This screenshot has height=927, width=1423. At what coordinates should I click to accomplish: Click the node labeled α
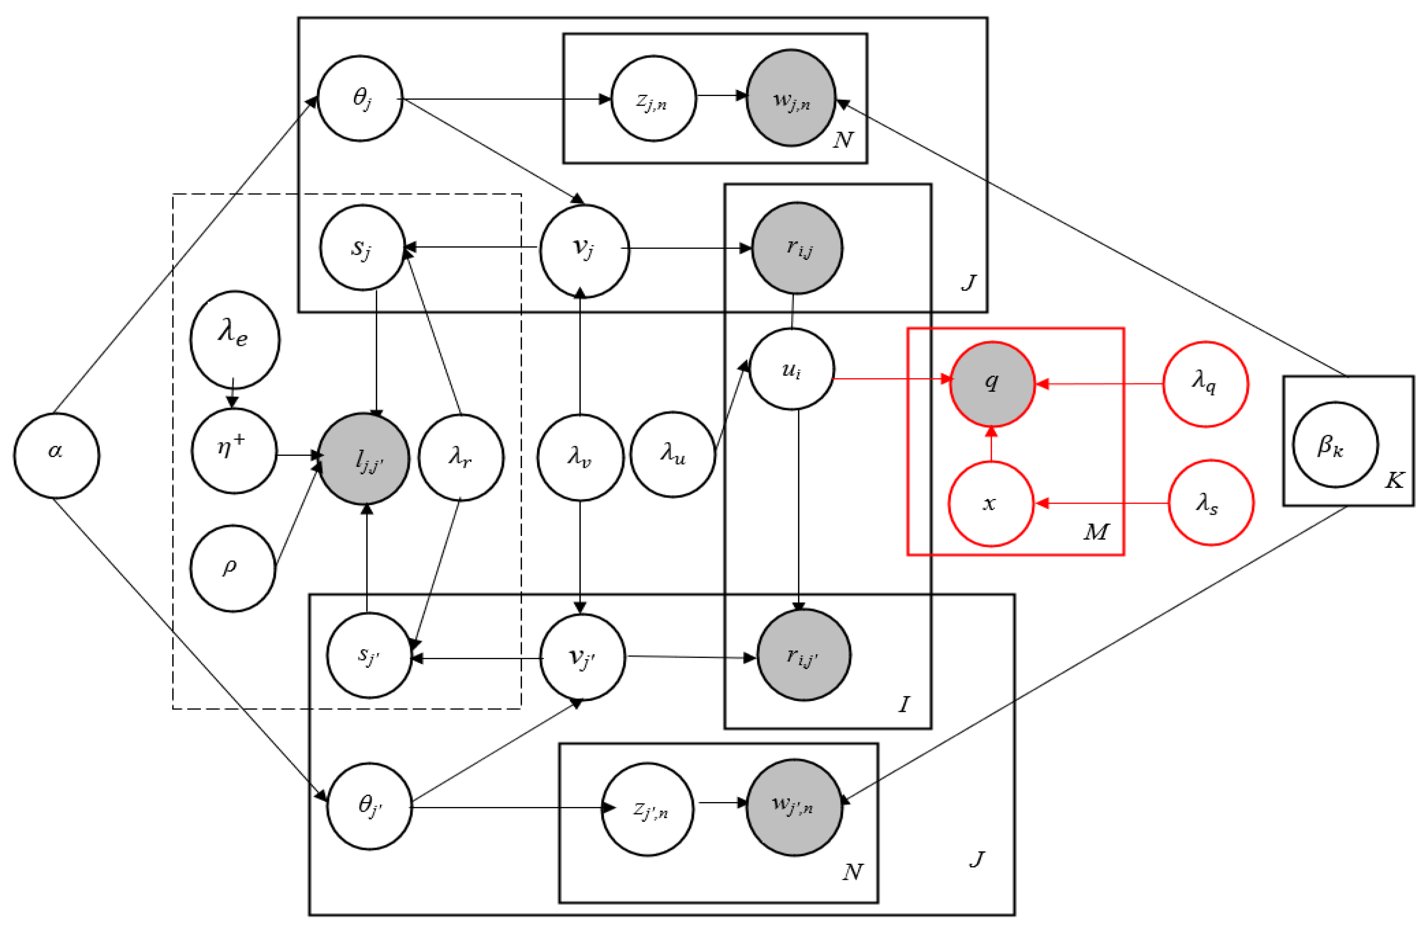57,456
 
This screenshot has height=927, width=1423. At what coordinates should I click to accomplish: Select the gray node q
992,384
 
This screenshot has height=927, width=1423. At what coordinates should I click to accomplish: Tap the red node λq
1205,384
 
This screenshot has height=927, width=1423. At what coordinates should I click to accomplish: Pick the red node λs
1211,503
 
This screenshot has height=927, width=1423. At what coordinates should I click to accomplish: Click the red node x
991,504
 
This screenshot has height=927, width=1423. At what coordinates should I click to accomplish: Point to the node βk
1335,445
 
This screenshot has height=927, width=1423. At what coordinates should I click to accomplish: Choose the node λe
234,340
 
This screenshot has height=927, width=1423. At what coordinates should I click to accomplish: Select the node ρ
232,568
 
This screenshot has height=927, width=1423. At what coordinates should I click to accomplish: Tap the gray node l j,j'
365,459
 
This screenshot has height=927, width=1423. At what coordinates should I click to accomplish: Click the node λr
460,457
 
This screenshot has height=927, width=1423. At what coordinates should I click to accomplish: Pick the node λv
580,457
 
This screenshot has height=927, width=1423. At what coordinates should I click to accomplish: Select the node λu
673,455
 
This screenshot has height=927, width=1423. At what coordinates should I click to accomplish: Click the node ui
791,369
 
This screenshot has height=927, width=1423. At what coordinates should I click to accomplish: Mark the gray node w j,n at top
791,98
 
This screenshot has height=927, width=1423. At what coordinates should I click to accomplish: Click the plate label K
1394,480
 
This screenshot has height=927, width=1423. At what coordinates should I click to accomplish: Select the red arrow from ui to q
891,379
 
